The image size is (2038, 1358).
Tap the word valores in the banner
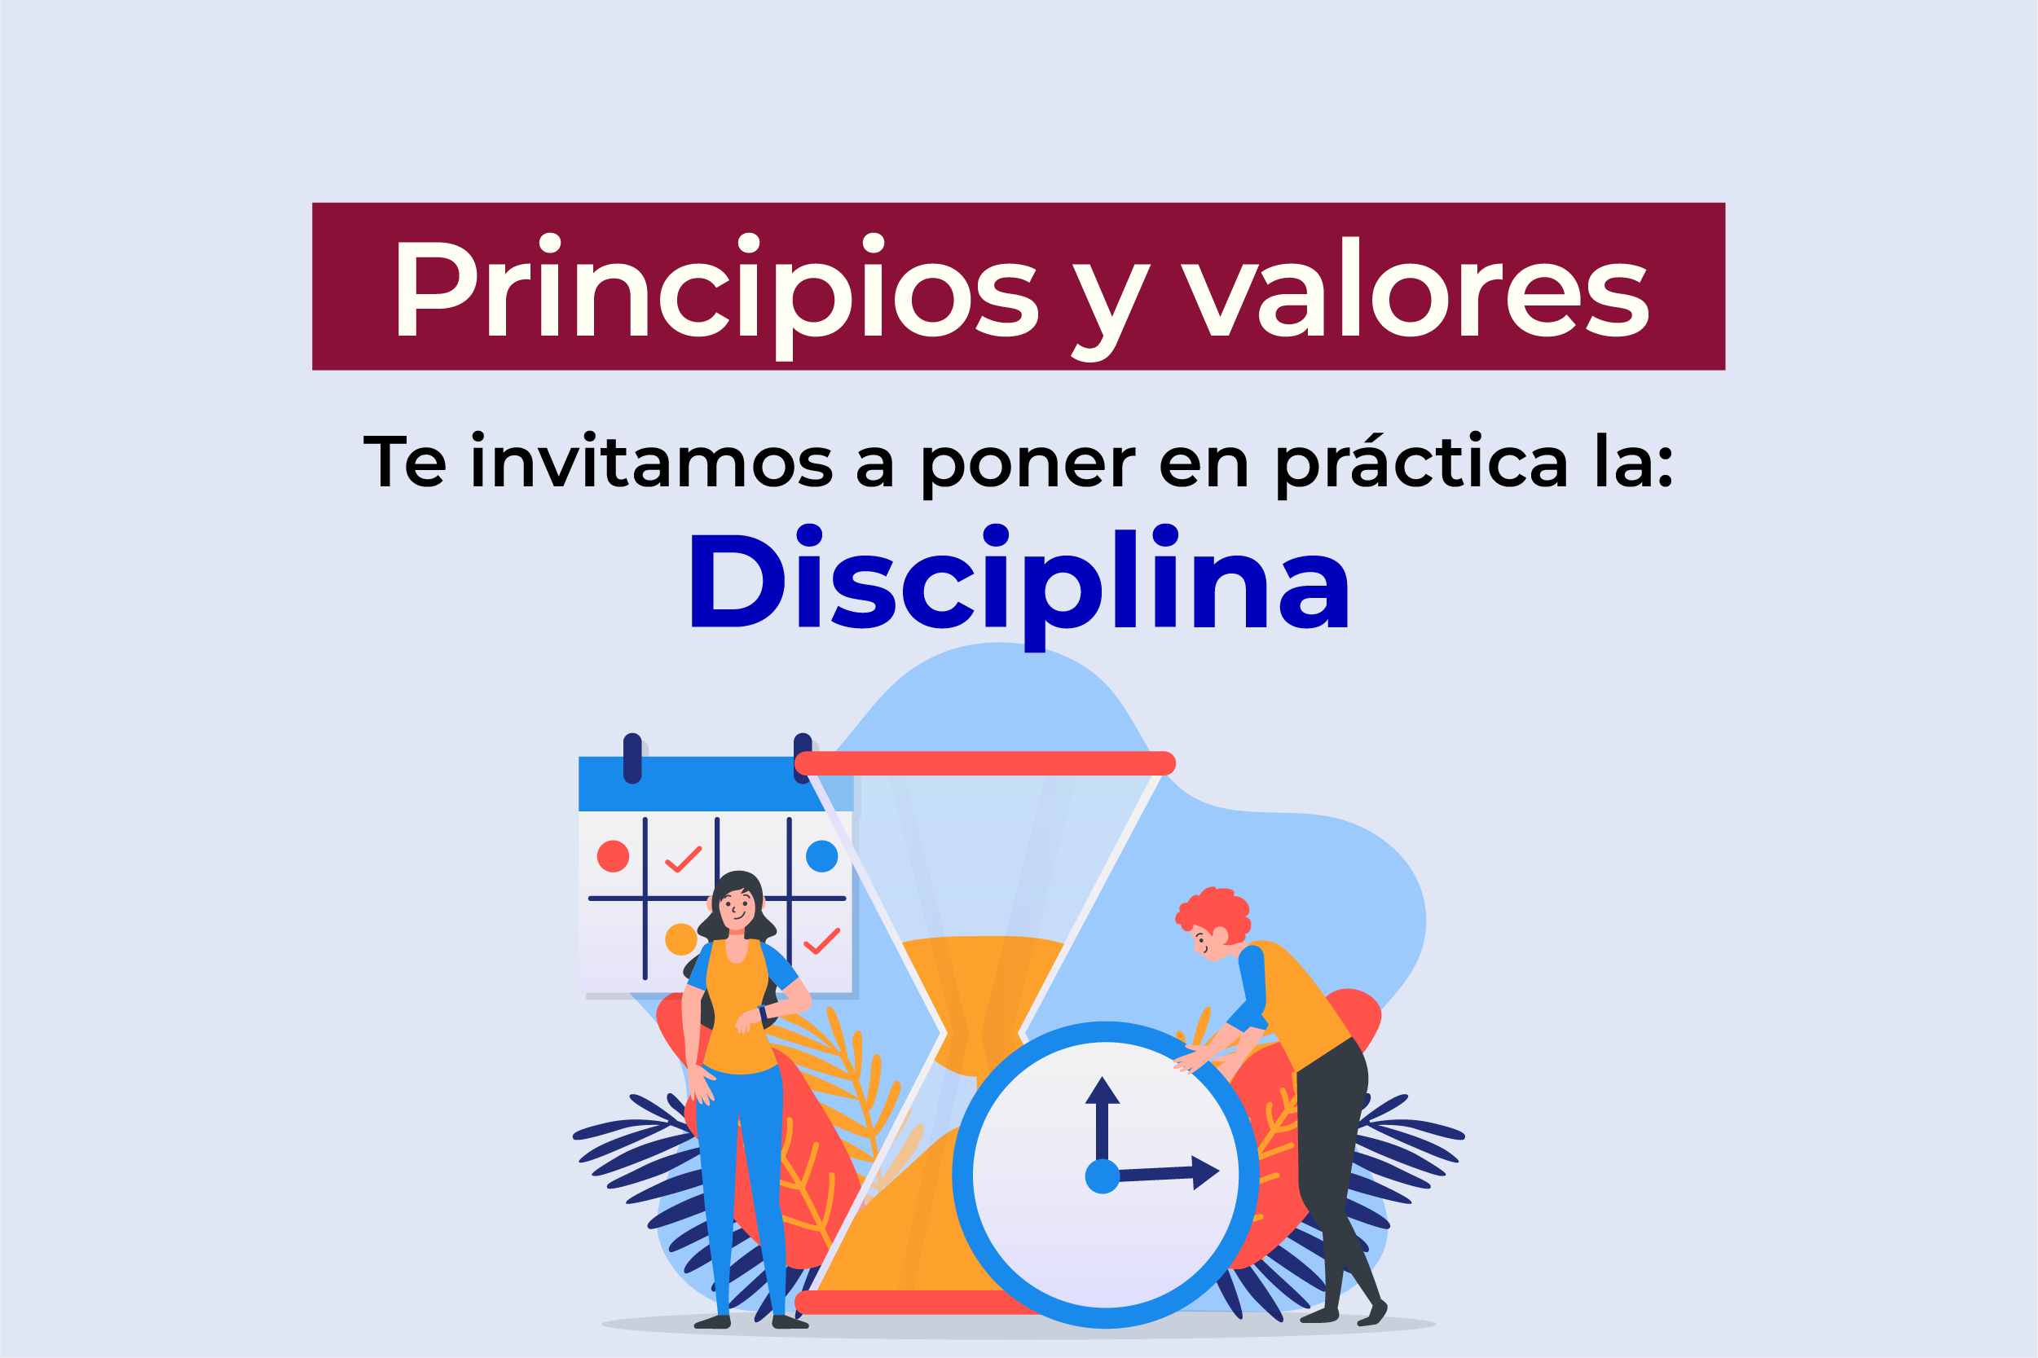pos(1415,287)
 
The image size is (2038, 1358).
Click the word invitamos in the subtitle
pos(651,461)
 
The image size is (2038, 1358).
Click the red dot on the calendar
pos(614,855)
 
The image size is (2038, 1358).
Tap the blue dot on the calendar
pos(822,855)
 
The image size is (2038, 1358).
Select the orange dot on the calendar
pos(680,938)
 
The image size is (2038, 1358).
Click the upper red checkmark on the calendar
pos(684,859)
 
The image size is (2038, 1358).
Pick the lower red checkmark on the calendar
pos(822,942)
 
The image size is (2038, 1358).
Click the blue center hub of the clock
pos(1103,1176)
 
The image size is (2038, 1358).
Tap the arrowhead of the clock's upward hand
pos(1103,1089)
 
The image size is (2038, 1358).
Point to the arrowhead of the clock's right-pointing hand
pos(1206,1172)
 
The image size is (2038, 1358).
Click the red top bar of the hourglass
pos(985,763)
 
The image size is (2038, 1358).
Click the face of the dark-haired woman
pos(736,909)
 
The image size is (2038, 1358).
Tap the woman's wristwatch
pos(763,1013)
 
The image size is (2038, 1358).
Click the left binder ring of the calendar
pos(632,758)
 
